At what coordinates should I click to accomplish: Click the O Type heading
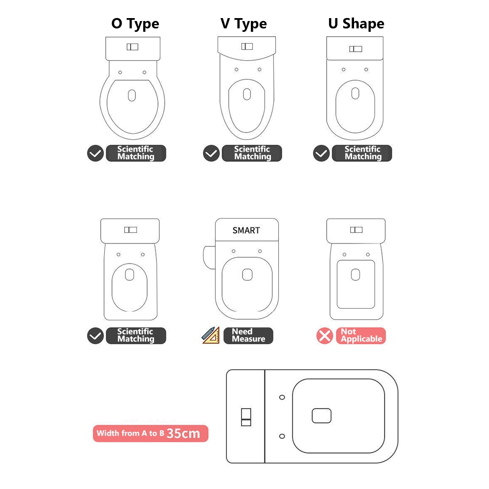tap(135, 24)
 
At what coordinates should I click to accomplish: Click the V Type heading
tap(244, 24)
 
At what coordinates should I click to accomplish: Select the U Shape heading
tap(356, 23)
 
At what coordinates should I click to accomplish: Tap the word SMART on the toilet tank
tap(246, 230)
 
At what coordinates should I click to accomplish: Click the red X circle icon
tap(325, 336)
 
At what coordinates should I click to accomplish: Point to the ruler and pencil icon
tap(211, 335)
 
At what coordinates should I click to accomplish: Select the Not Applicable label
tap(361, 335)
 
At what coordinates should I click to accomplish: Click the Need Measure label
tap(248, 335)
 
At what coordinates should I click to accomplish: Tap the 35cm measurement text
tap(183, 433)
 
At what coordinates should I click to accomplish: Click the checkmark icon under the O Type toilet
tap(95, 154)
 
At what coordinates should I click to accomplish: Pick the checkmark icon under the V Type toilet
tap(211, 154)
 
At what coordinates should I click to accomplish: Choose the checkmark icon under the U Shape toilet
tap(321, 154)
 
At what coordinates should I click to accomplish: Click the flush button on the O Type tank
tap(133, 47)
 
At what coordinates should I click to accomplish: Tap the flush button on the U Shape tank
tap(356, 48)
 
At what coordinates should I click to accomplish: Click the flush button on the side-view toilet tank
tap(246, 417)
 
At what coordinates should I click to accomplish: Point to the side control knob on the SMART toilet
tap(209, 257)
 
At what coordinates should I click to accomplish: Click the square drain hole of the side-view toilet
tap(322, 416)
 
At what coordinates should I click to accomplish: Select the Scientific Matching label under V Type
tap(252, 153)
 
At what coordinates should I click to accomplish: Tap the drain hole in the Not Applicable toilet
tap(356, 274)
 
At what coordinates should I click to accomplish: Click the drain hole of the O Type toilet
tap(132, 95)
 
